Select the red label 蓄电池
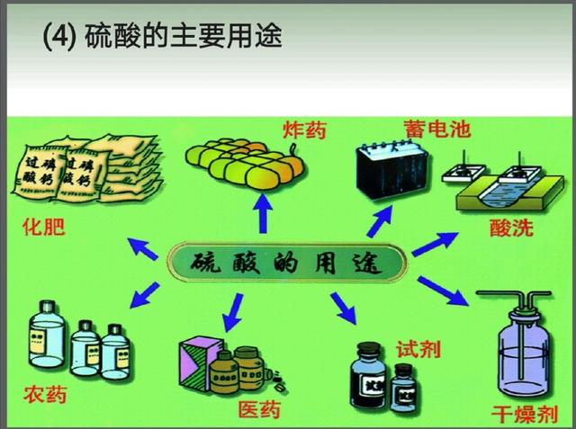tap(436, 129)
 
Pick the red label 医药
tap(259, 410)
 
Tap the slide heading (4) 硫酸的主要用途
tap(163, 38)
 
